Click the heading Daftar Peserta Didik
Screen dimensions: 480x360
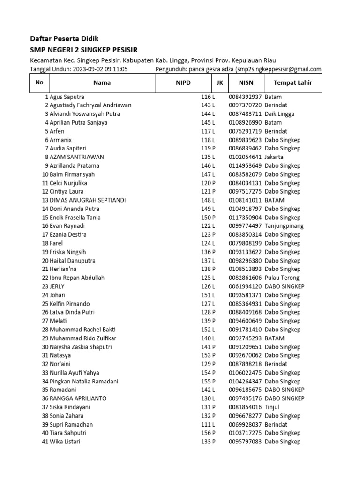[x=64, y=38]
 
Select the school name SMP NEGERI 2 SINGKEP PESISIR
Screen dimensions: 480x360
[x=84, y=50]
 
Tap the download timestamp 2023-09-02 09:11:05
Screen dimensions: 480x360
[x=100, y=69]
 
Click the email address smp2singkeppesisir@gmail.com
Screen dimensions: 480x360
[x=281, y=69]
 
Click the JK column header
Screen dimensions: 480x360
[x=219, y=83]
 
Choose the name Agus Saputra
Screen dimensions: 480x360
[x=67, y=97]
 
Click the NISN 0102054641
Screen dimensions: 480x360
[x=246, y=157]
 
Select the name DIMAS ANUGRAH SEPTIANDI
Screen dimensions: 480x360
[x=88, y=200]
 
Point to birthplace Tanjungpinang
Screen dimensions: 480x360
[x=284, y=226]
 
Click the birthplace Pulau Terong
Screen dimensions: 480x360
[x=282, y=277]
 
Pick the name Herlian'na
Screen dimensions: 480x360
[x=65, y=269]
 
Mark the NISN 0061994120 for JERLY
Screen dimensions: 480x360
[x=246, y=286]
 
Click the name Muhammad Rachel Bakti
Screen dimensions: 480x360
[x=82, y=330]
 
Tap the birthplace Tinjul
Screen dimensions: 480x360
[x=272, y=407]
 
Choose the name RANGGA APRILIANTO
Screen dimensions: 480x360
[x=78, y=398]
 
